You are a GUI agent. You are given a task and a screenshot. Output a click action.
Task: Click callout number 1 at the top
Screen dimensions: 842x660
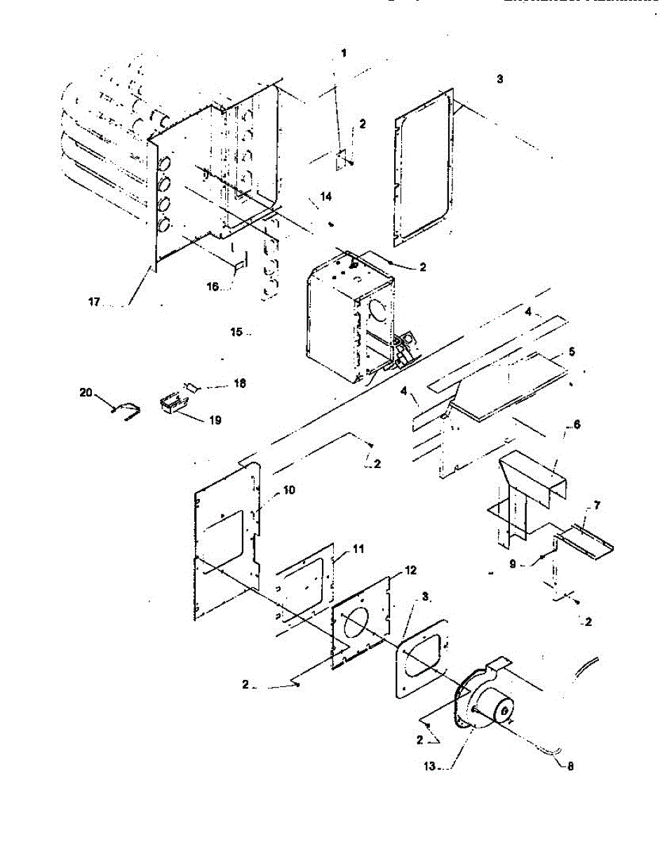coord(344,53)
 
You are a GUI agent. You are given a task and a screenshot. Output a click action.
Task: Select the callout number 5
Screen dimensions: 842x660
coord(572,352)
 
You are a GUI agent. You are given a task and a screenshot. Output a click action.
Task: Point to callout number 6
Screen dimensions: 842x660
coord(577,425)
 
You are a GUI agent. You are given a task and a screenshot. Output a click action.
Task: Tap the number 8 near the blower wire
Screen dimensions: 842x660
coord(570,767)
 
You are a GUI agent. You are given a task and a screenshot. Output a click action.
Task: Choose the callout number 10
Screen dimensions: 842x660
coord(289,490)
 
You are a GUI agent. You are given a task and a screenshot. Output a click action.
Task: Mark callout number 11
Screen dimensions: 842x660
coord(359,549)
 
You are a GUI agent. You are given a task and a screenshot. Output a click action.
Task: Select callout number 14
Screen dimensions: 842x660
coord(325,198)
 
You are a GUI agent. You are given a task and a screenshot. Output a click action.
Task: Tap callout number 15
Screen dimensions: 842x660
coord(236,331)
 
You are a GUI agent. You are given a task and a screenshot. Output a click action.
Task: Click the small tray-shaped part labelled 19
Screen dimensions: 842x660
coord(170,404)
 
